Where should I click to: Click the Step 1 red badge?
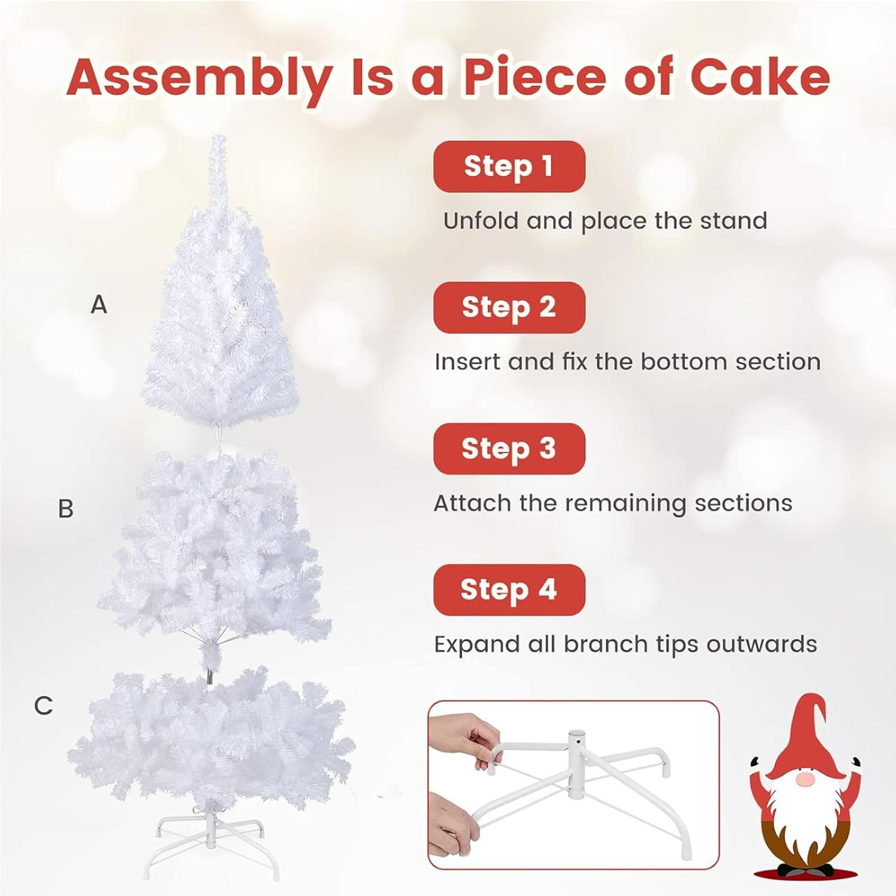[509, 166]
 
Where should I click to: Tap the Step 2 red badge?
[509, 307]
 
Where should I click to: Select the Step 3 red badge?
[509, 448]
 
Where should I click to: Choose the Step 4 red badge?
[509, 590]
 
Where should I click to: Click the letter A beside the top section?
[99, 305]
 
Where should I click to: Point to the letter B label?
[66, 509]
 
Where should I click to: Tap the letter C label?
[44, 705]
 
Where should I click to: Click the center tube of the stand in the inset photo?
[576, 744]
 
